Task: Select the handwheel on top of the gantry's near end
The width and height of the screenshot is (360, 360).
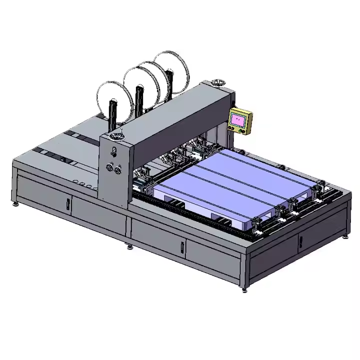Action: (x=117, y=136)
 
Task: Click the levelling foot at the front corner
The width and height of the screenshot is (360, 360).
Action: (x=244, y=288)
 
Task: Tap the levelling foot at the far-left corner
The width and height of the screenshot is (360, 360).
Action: (x=14, y=203)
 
